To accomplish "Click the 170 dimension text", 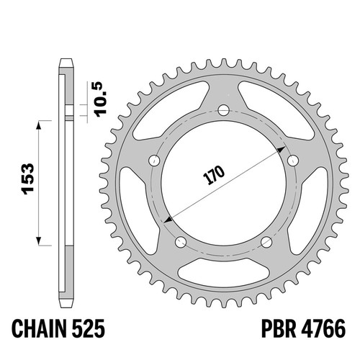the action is [x=214, y=175].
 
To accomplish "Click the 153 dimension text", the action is [x=27, y=179].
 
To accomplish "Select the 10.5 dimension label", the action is [x=101, y=99].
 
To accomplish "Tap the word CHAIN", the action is [x=39, y=328].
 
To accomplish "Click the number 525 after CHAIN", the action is [x=88, y=328].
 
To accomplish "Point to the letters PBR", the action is [x=279, y=328].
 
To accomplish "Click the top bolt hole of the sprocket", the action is [x=224, y=110].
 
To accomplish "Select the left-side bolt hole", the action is [x=155, y=161].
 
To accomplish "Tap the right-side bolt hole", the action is [x=293, y=161].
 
